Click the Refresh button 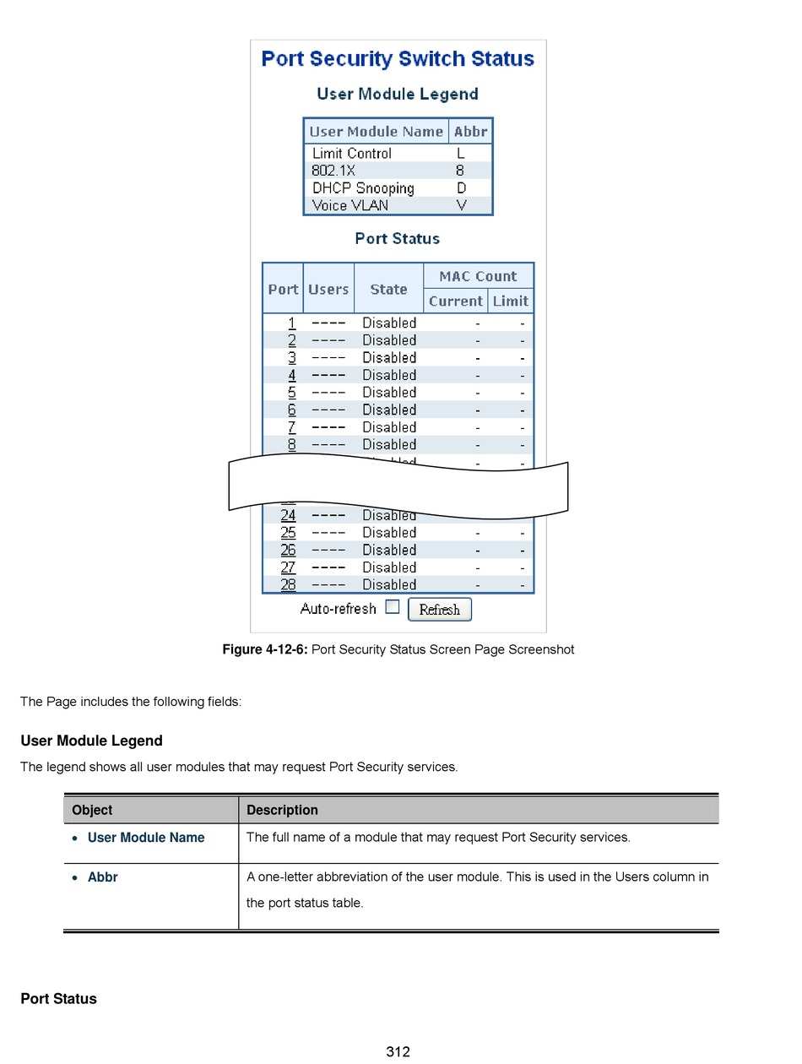439,610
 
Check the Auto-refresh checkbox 392,606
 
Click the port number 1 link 292,323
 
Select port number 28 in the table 289,584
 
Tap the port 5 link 292,392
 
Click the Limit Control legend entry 352,154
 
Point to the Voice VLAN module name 350,205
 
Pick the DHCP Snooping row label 363,188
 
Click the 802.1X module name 333,171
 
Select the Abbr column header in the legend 470,132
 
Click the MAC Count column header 478,276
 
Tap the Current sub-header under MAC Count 455,301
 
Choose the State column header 388,289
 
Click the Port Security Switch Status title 398,59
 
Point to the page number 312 398,1051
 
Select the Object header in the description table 92,810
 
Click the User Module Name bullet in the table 146,838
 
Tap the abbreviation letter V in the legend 461,205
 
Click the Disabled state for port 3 389,357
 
